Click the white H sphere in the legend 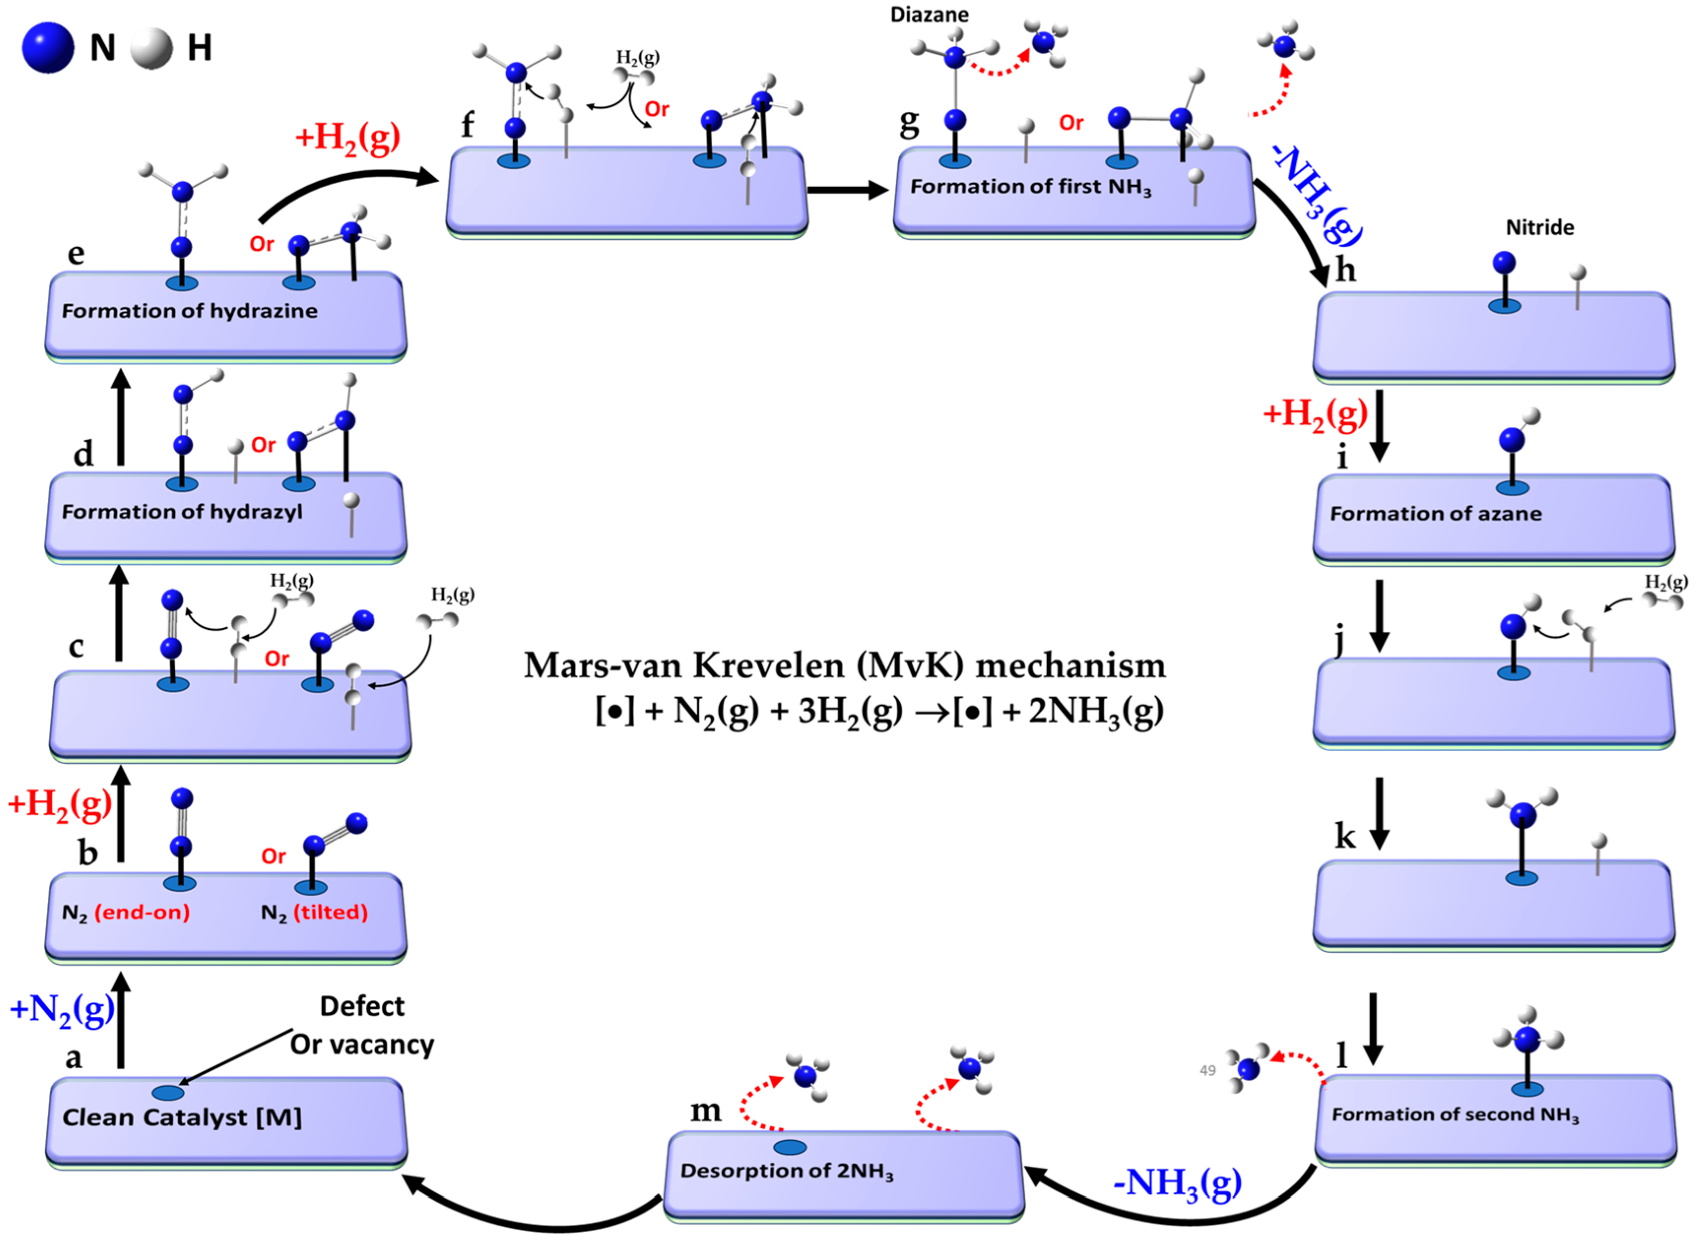[151, 48]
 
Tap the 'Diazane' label [929, 14]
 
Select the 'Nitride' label [1539, 227]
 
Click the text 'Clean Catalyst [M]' [182, 1117]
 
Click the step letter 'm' [705, 1110]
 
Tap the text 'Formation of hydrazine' [189, 311]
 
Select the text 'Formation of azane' [1436, 513]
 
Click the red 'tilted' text [330, 913]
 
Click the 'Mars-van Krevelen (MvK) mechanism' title [845, 666]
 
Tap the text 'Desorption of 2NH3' [786, 1171]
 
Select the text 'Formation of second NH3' [1454, 1115]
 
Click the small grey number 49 [1208, 1071]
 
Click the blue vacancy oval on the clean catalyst [168, 1093]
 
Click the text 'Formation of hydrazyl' [182, 512]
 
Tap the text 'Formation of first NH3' [1030, 187]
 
